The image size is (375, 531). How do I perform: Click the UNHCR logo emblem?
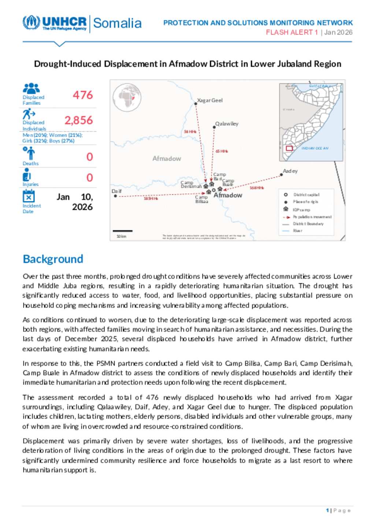click(31, 22)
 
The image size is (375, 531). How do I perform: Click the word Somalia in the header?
click(117, 23)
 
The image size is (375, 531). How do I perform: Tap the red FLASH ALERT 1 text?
click(292, 32)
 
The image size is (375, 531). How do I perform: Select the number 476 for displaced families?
click(83, 95)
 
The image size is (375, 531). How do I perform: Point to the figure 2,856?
click(79, 120)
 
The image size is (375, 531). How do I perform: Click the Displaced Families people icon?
click(31, 88)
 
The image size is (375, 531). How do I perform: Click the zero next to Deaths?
click(90, 157)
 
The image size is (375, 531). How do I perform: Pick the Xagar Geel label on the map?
click(210, 100)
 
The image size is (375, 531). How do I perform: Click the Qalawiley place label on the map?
click(227, 124)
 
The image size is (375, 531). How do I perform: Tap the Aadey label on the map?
click(290, 171)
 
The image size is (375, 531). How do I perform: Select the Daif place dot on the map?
click(116, 196)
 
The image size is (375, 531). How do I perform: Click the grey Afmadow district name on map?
click(167, 159)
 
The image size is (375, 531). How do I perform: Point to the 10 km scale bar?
click(123, 231)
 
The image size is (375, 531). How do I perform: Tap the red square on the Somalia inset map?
click(289, 148)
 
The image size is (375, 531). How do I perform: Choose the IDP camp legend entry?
click(301, 210)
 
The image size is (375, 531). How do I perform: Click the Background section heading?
click(53, 259)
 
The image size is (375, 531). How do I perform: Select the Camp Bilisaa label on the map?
click(201, 199)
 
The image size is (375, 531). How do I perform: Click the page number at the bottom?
click(327, 510)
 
